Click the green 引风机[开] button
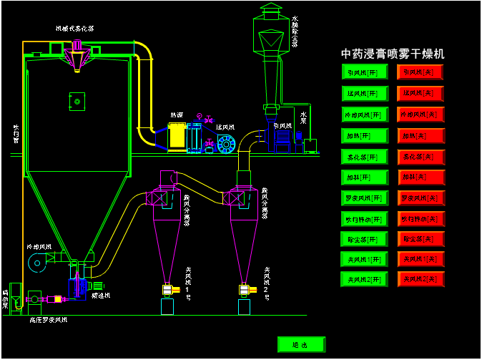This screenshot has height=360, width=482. point(365,72)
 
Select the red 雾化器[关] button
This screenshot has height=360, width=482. point(420,156)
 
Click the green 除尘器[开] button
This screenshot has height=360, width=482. point(365,239)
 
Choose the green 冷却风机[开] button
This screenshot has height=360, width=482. point(365,115)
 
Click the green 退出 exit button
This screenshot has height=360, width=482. point(301,345)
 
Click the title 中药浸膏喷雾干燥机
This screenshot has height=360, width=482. point(393,54)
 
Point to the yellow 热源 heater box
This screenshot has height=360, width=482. point(176,135)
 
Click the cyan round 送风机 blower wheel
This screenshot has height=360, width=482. point(226,145)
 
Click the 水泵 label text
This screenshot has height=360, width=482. point(304,115)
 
